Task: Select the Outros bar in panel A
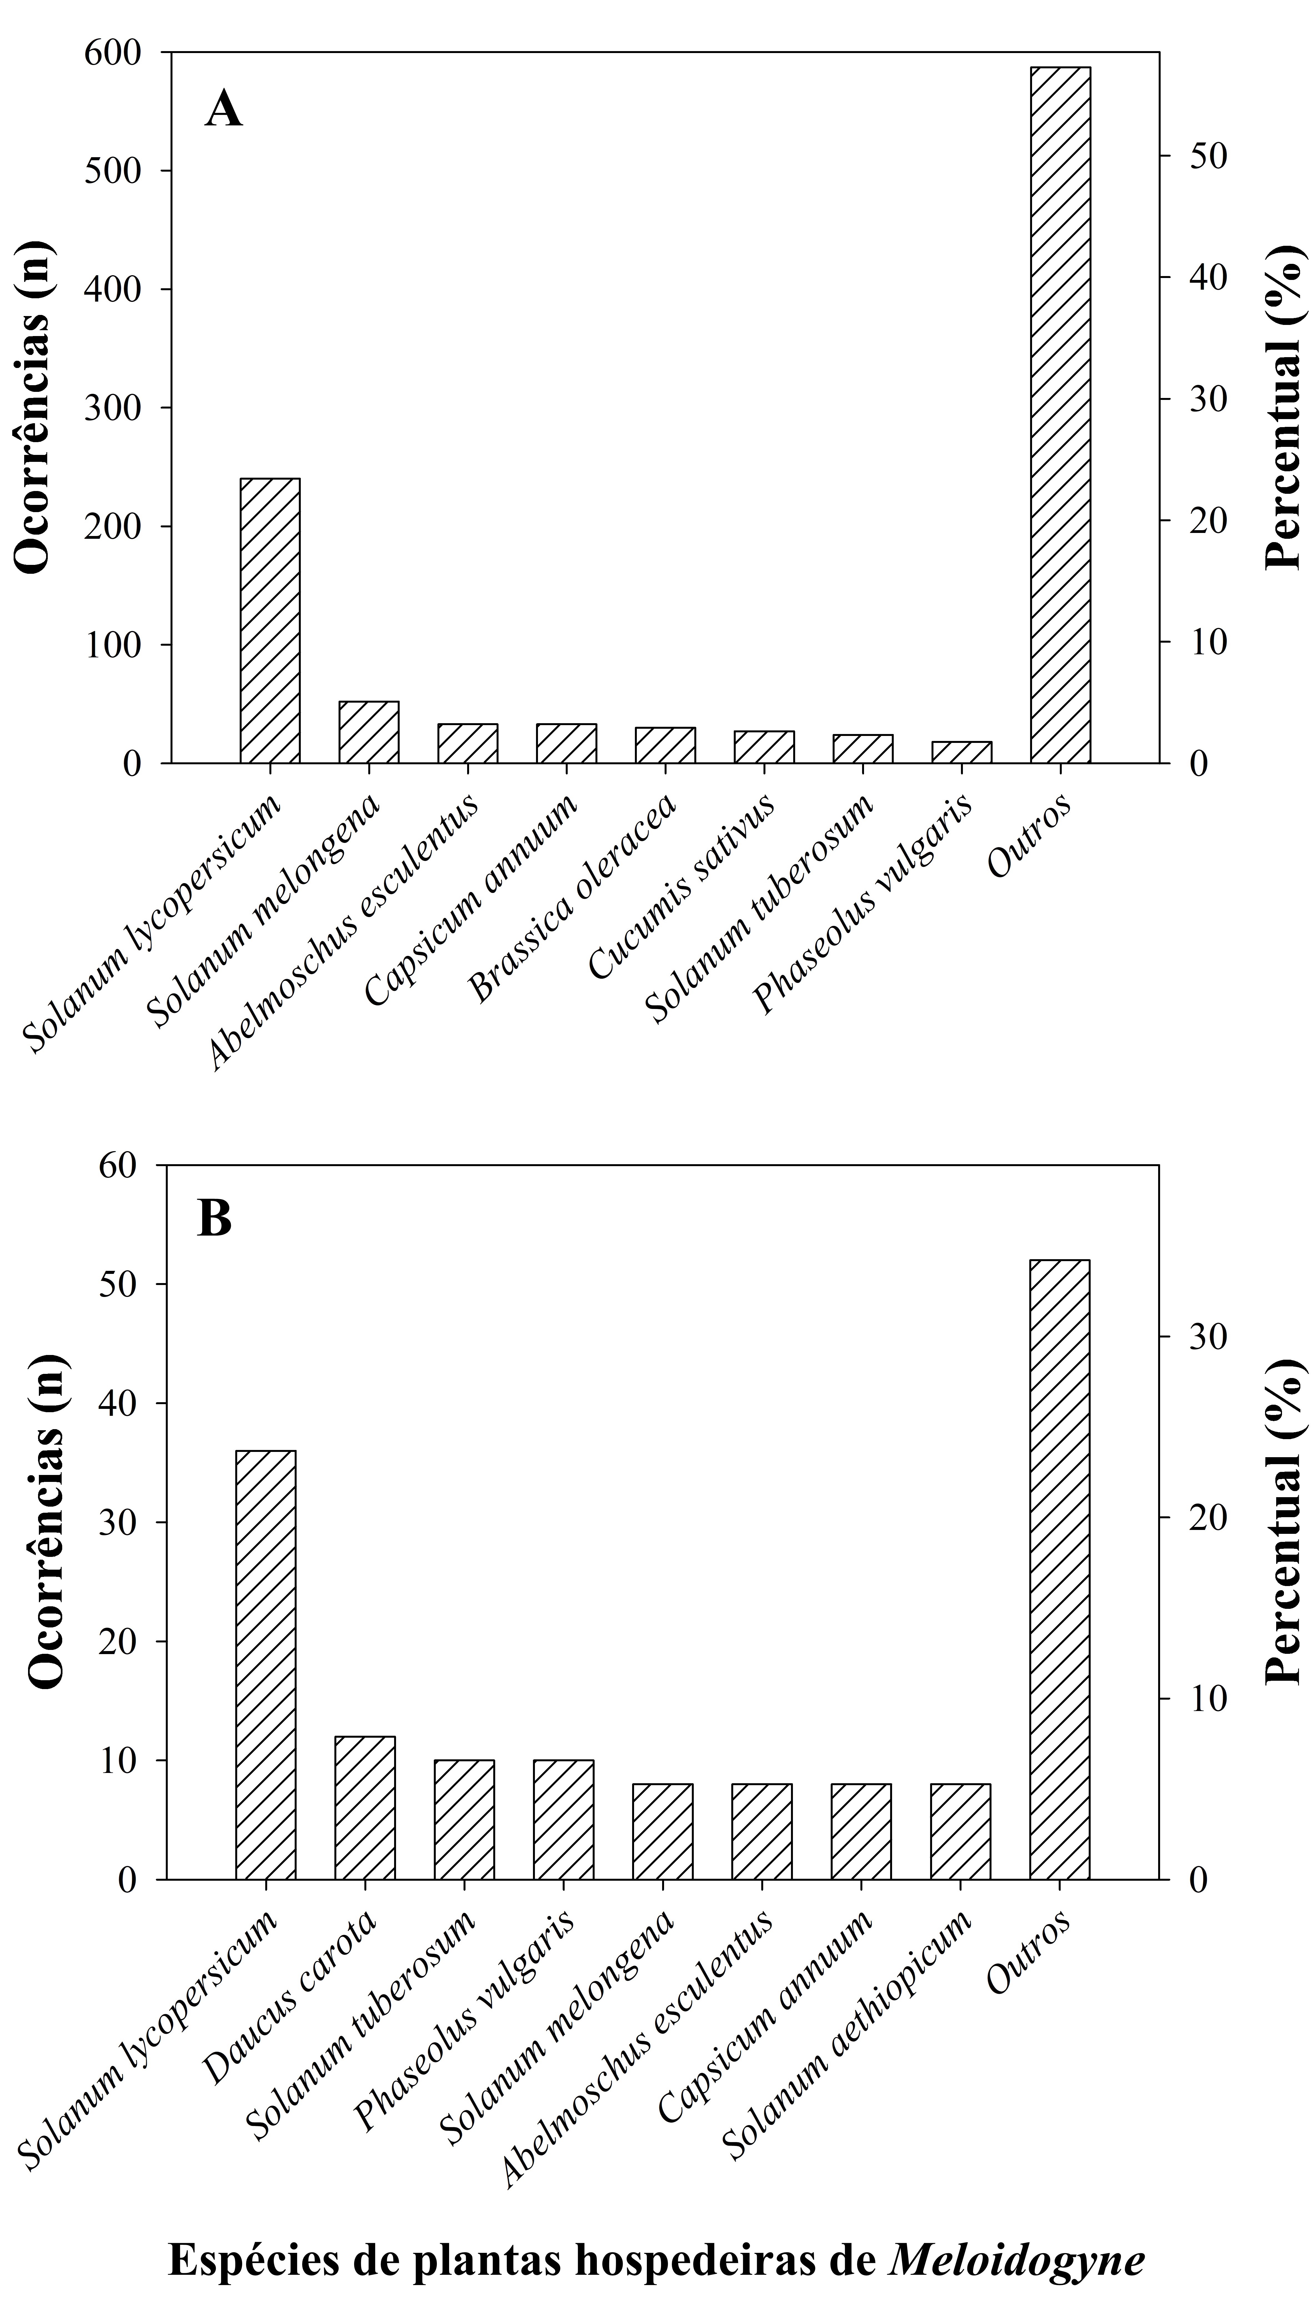click(1061, 414)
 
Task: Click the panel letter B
click(214, 1220)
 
